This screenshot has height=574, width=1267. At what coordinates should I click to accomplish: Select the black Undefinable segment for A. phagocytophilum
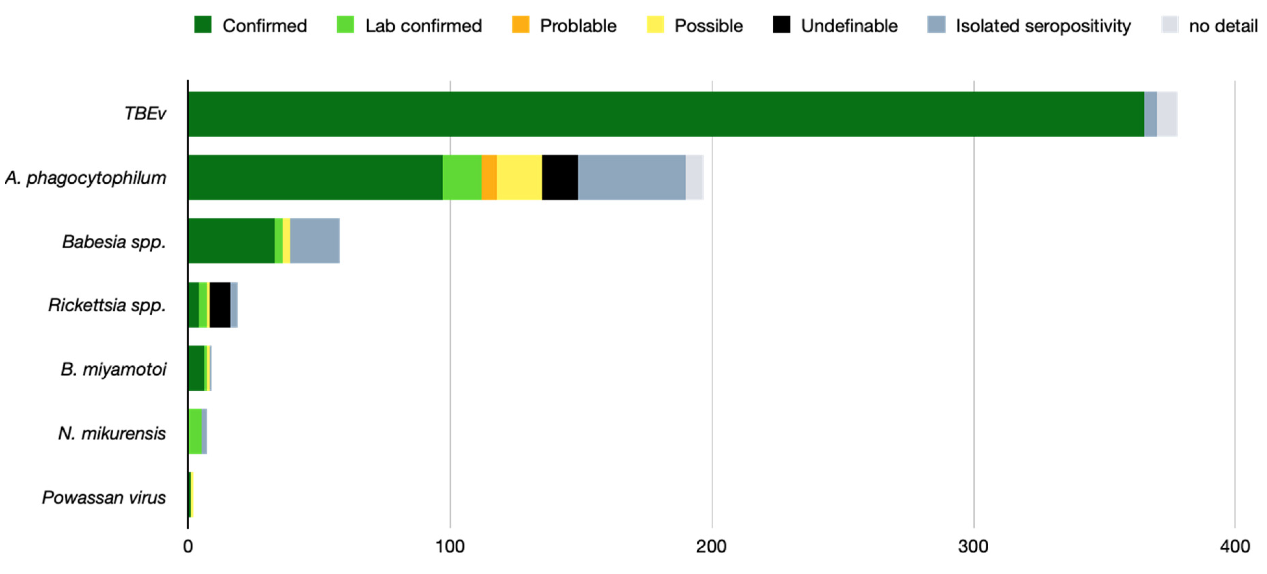(560, 178)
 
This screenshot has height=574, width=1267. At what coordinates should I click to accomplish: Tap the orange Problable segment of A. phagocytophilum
(489, 178)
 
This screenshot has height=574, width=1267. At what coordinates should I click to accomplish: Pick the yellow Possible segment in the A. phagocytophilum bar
(519, 178)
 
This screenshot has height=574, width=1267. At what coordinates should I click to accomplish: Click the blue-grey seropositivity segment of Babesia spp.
(315, 241)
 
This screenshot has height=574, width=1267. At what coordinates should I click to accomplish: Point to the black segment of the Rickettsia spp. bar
(220, 305)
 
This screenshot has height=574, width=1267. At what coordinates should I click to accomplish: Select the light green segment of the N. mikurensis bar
(195, 431)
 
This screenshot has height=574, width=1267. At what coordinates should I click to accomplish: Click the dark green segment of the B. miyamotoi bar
(196, 368)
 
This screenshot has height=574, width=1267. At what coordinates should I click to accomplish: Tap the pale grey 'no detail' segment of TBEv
(1167, 114)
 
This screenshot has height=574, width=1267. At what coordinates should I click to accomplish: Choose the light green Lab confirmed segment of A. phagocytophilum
(462, 178)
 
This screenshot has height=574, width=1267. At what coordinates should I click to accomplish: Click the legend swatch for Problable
(520, 25)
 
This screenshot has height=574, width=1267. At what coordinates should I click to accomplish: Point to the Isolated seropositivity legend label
(1043, 26)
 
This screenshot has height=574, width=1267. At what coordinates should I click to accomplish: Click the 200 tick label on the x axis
(711, 547)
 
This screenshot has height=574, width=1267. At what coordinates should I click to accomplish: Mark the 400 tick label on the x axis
(1234, 547)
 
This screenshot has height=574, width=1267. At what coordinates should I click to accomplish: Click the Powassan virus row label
(104, 497)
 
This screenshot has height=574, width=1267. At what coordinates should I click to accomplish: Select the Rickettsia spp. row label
(107, 305)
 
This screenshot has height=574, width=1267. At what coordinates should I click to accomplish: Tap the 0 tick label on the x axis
(188, 547)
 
